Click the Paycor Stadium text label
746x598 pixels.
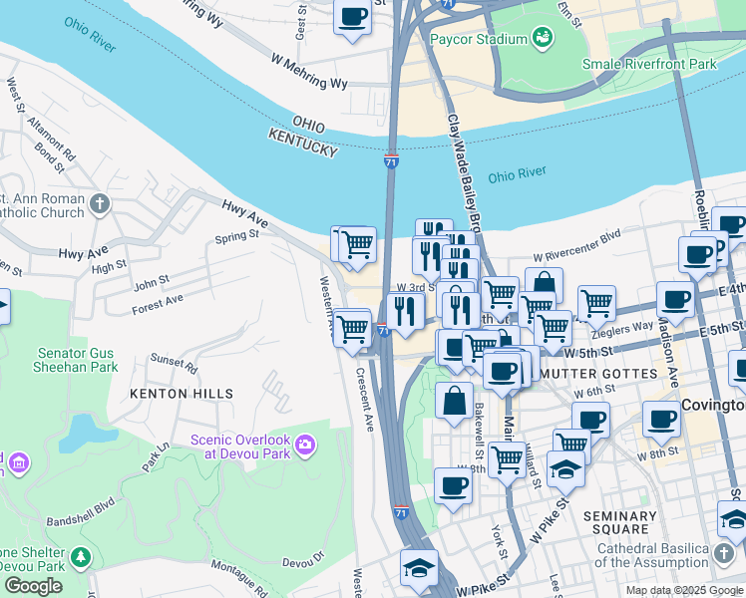[x=478, y=39]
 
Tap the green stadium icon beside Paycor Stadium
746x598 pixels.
[x=544, y=39]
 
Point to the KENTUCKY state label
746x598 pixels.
[x=302, y=148]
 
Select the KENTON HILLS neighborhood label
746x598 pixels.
[x=182, y=394]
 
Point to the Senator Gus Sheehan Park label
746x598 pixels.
[x=78, y=360]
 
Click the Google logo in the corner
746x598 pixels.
[x=33, y=586]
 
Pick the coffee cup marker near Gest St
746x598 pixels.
[x=352, y=18]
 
